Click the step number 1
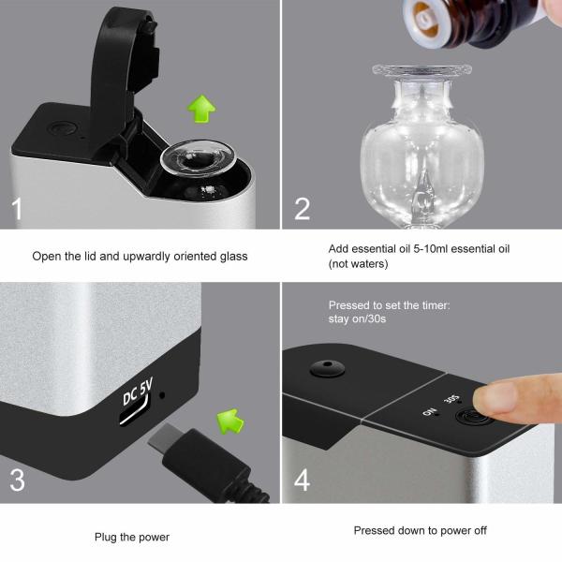pyautogui.click(x=17, y=208)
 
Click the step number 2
pyautogui.click(x=302, y=208)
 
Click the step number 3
pyautogui.click(x=17, y=481)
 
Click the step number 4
pyautogui.click(x=302, y=481)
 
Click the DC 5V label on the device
pyautogui.click(x=137, y=392)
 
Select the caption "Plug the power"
pyautogui.click(x=131, y=537)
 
